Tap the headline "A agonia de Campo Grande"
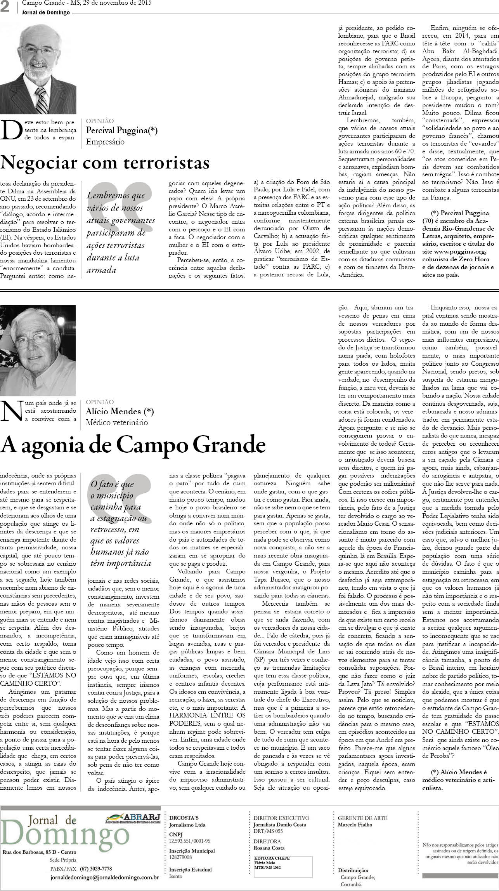[x=133, y=445]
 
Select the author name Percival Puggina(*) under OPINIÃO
[x=121, y=130]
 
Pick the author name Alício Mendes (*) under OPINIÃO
[x=120, y=411]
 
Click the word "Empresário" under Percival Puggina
[x=105, y=142]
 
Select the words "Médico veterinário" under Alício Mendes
[x=117, y=422]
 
